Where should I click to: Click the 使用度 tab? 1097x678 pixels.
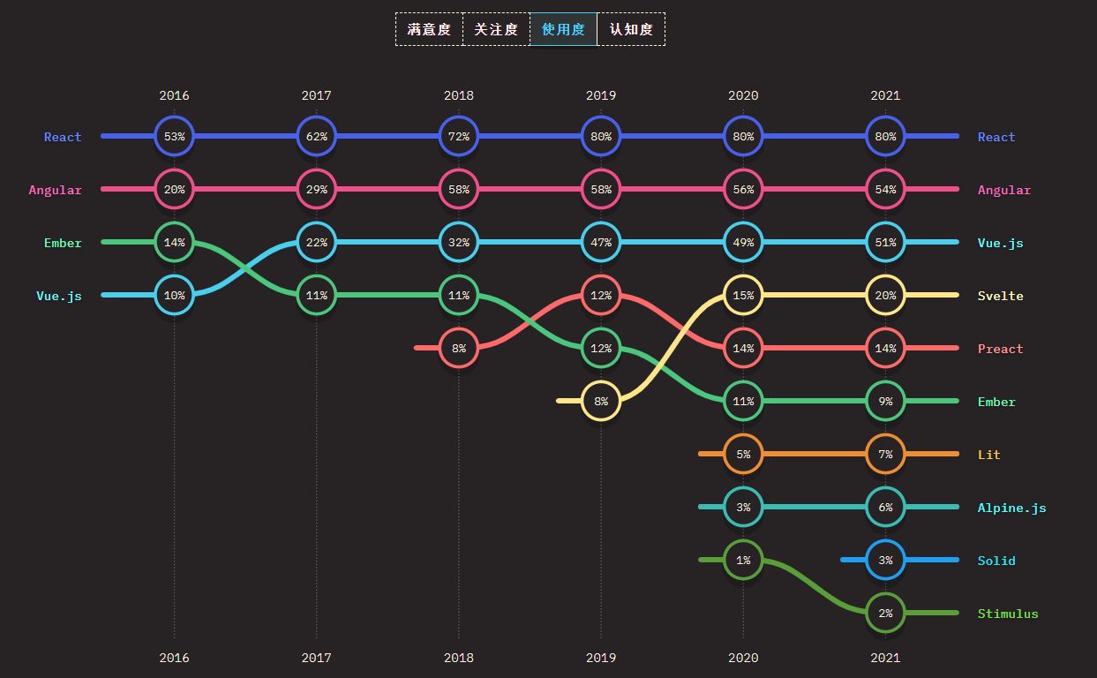pos(563,29)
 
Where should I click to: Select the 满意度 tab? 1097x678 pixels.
pos(429,29)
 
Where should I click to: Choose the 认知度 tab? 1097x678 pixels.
pos(631,29)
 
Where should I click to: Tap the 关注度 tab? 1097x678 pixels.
pos(496,29)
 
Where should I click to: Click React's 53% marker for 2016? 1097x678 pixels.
pos(174,136)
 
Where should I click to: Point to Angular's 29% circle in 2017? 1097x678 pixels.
pos(316,189)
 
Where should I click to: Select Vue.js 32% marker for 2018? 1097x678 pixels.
pos(459,242)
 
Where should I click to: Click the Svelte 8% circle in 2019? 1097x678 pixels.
pos(601,401)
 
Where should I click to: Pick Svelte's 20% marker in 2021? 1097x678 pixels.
pos(885,295)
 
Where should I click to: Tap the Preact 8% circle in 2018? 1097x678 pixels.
pos(459,348)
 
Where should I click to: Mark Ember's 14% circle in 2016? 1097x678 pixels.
pos(174,242)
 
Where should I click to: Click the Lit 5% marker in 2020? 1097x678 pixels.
pos(743,454)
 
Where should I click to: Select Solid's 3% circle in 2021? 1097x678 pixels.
pos(885,560)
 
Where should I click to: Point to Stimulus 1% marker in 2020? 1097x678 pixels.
pos(743,560)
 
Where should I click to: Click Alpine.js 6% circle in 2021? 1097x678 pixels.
pos(885,507)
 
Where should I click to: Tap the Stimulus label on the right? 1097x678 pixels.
pos(1008,614)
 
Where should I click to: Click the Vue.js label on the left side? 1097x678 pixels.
pos(59,296)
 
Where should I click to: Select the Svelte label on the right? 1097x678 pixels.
pos(1001,296)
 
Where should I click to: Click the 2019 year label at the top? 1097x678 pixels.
pos(601,95)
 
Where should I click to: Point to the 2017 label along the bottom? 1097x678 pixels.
pos(316,658)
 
